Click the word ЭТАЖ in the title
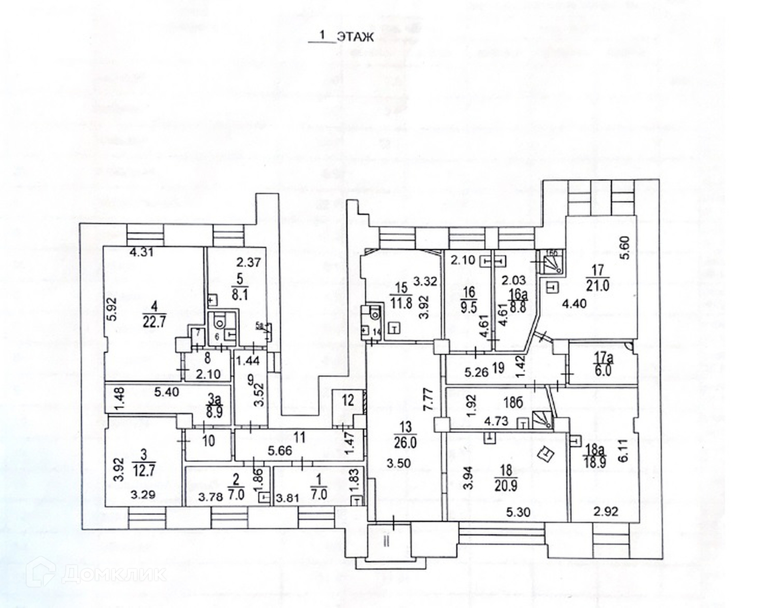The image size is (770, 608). (355, 37)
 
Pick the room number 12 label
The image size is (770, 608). (348, 400)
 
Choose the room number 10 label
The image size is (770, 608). (209, 441)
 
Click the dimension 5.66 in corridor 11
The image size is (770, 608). (281, 450)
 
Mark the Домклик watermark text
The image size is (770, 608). (114, 574)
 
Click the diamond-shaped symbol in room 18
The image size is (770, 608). (546, 454)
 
